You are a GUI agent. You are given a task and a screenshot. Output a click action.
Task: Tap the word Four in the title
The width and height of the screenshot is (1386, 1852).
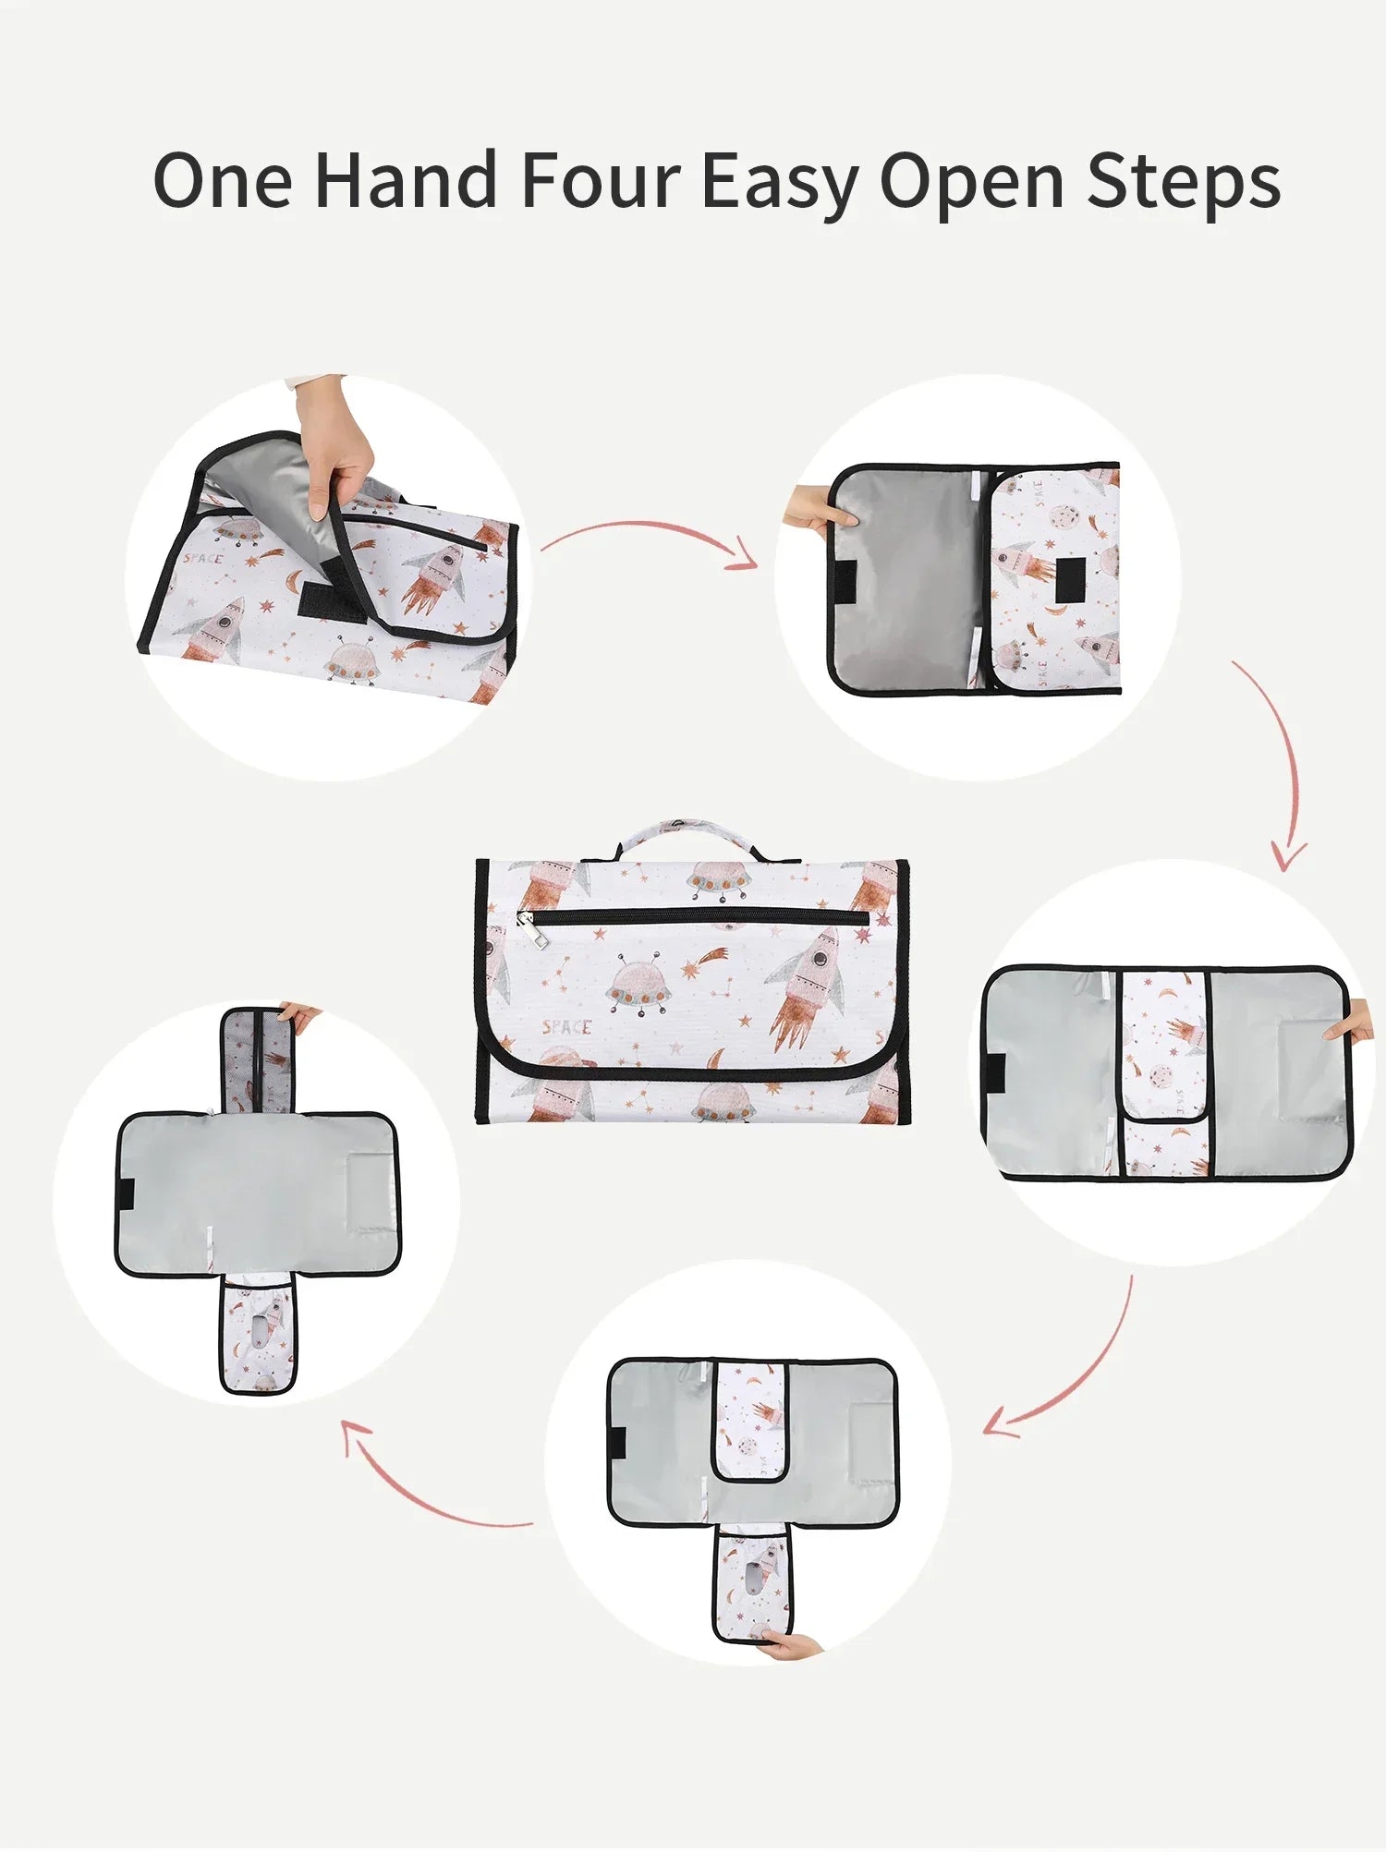[x=601, y=180]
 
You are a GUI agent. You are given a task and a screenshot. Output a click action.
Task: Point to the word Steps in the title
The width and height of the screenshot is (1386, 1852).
[x=1183, y=185]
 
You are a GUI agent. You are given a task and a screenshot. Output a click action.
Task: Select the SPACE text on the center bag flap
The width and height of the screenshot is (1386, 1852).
[x=565, y=1026]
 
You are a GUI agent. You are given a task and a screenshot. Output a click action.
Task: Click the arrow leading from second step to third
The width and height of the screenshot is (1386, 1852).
[x=1289, y=757]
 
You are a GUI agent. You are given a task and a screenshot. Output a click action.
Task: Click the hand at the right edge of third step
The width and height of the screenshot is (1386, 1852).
[x=1347, y=1022]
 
